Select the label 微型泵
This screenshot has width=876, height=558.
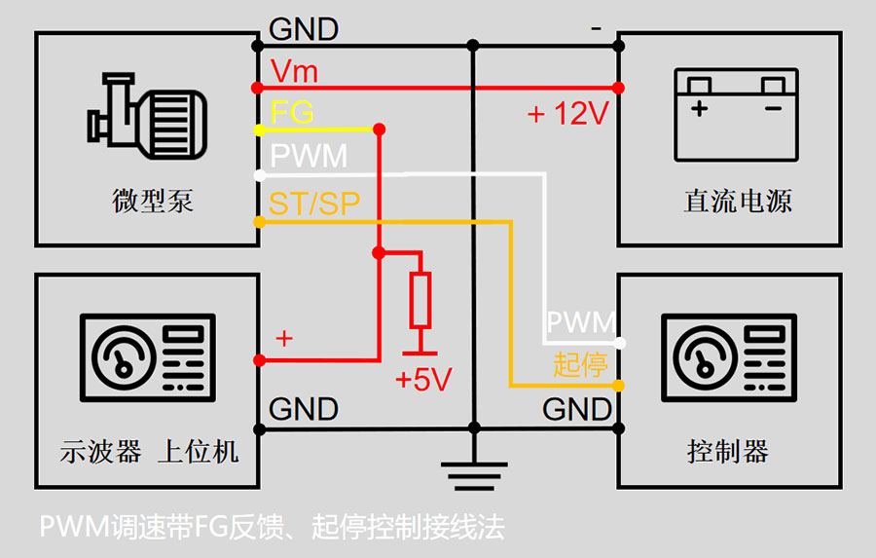153,202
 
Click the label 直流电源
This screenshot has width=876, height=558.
737,202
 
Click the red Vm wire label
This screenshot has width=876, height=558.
294,71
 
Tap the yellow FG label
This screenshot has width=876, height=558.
292,113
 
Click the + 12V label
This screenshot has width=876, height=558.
567,114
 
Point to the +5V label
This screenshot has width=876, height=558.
423,380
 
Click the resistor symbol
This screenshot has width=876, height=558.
420,299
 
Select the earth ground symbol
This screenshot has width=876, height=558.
474,473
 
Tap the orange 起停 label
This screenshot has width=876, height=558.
580,364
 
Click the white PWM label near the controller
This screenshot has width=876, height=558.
580,323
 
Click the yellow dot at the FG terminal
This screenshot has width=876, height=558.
259,130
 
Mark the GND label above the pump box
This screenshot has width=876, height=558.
304,29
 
